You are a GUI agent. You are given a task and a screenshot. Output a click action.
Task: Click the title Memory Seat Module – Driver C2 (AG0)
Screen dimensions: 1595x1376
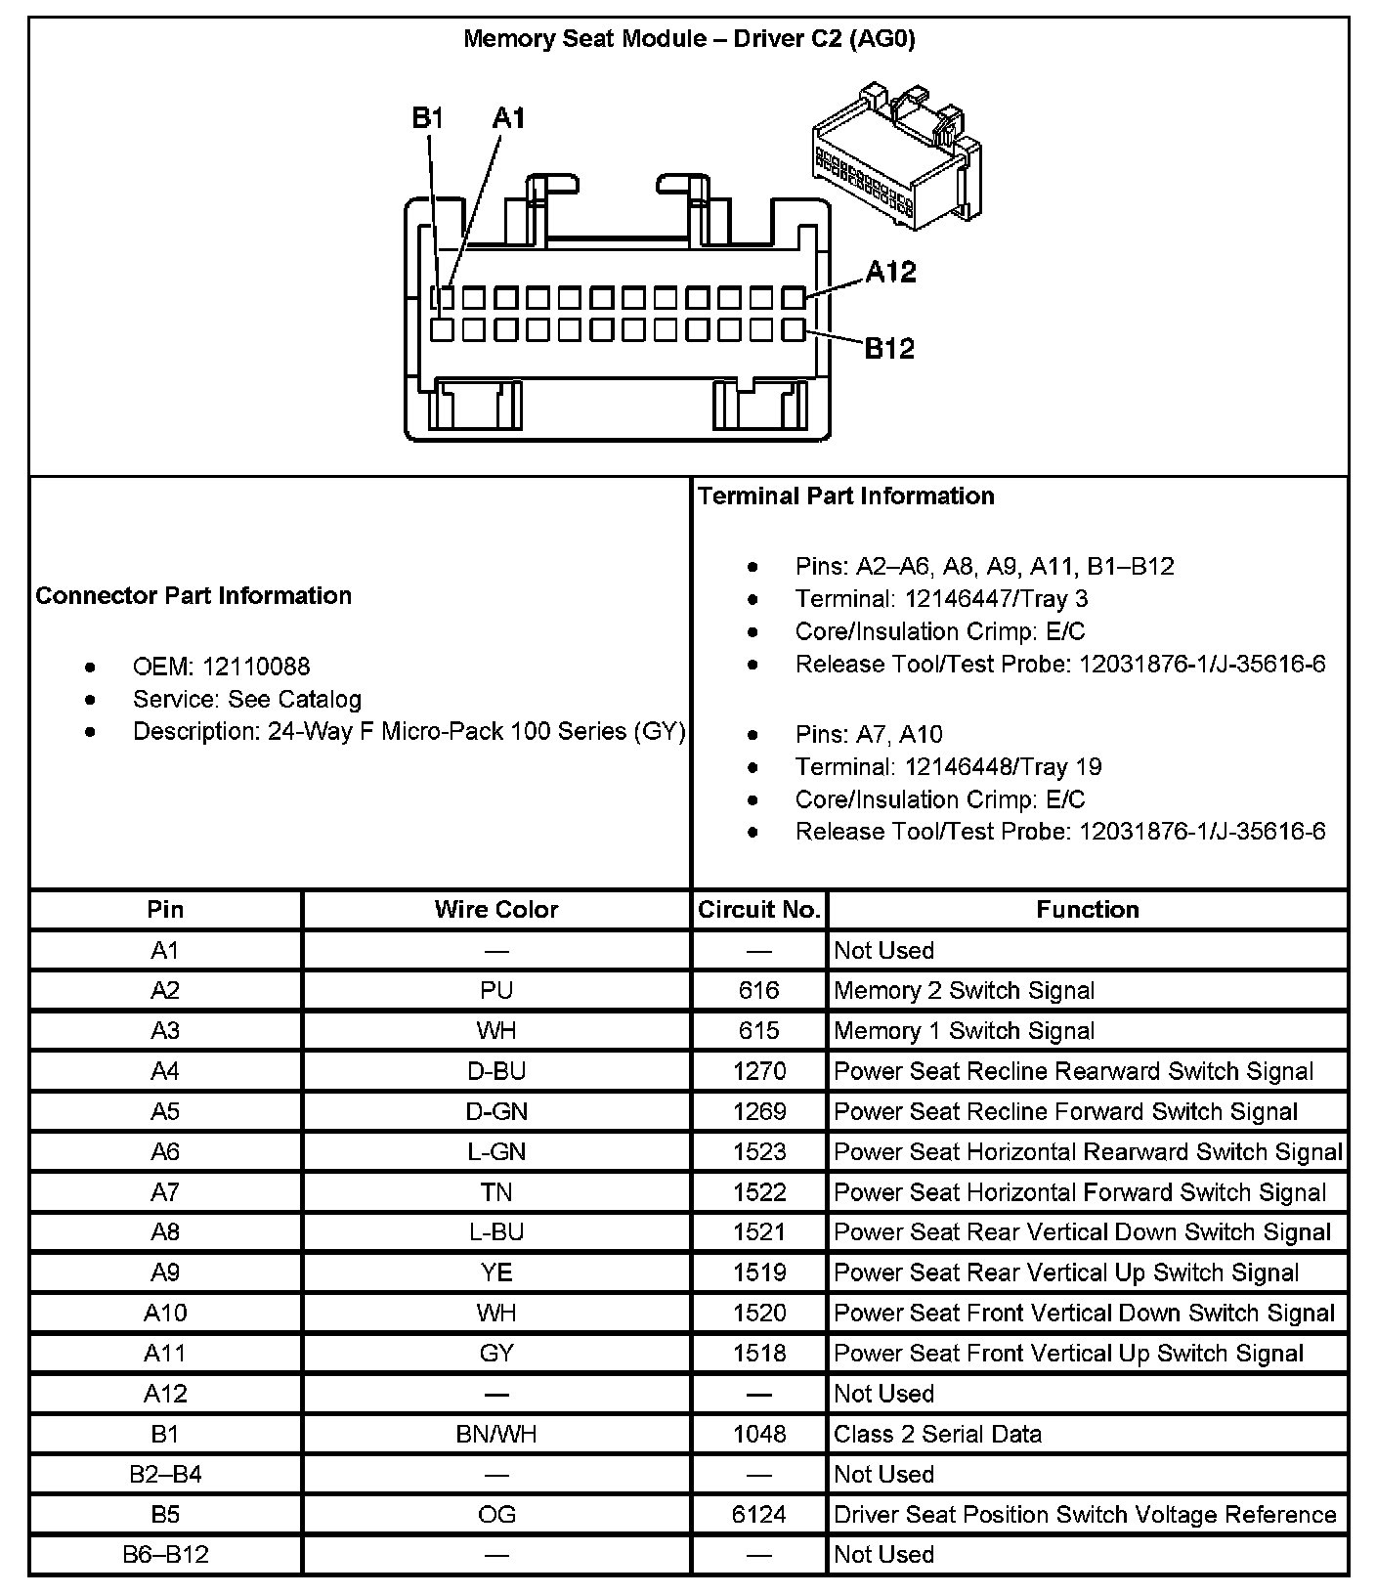[x=688, y=39]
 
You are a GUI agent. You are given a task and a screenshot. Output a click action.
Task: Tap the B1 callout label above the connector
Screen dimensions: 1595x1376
[x=428, y=118]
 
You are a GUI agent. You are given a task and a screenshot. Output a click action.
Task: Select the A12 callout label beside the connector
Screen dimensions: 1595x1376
[x=890, y=272]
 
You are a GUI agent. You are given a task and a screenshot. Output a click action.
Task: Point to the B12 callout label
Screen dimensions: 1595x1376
[x=889, y=348]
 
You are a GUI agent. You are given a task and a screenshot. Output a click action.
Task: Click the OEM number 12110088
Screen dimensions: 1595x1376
[x=256, y=667]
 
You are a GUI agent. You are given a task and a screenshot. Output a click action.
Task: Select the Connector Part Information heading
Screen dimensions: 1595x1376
[x=193, y=596]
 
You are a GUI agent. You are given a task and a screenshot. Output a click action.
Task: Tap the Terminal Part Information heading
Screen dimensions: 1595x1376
[x=846, y=496]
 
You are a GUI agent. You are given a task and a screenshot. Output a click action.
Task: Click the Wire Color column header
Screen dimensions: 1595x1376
[x=496, y=910]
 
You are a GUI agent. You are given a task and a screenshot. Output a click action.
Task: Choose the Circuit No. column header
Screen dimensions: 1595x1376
[x=759, y=910]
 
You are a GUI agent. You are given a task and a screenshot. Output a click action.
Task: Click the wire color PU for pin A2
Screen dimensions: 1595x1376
[x=496, y=991]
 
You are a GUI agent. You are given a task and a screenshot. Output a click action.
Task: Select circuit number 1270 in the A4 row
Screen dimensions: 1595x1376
[x=759, y=1071]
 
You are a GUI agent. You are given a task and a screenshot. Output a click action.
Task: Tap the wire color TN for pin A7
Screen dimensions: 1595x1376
[x=496, y=1192]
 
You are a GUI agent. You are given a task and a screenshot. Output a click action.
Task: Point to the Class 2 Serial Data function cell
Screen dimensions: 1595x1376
[x=937, y=1434]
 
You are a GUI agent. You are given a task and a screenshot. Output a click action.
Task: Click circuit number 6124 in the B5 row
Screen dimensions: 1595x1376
[x=759, y=1514]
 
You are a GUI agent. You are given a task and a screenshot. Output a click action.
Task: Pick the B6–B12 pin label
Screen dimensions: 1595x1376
[x=165, y=1554]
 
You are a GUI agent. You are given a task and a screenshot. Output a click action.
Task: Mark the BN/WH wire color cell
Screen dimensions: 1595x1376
[x=496, y=1434]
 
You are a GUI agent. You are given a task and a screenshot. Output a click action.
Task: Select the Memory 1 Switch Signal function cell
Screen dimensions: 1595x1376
[x=964, y=1031]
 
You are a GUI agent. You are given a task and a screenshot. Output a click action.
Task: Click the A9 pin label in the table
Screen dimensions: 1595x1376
[x=165, y=1272]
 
